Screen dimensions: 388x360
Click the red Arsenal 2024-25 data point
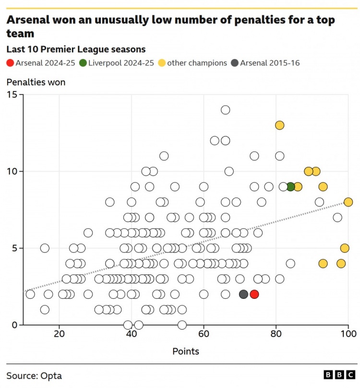(254, 294)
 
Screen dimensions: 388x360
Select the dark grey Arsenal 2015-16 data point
(244, 294)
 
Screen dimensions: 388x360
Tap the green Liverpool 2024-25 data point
(290, 187)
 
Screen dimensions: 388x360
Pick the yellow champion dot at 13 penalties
(280, 125)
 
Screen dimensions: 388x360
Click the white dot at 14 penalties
(225, 110)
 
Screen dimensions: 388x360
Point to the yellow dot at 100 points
(348, 202)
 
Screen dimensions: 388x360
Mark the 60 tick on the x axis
(204, 334)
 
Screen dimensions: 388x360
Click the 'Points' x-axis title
(186, 352)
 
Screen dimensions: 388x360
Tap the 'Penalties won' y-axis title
(36, 82)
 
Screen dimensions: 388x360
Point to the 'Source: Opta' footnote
(34, 376)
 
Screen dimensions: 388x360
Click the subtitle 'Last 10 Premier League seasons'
(76, 49)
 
